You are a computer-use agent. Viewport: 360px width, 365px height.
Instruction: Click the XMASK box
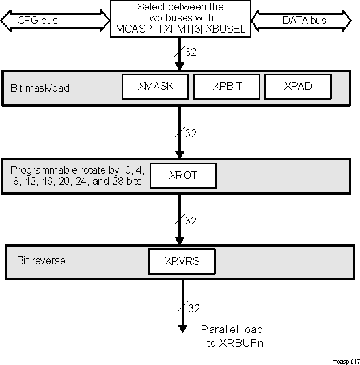coord(155,87)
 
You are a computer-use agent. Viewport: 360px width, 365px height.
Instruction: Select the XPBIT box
coord(227,87)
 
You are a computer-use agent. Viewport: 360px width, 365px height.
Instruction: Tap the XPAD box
coord(298,87)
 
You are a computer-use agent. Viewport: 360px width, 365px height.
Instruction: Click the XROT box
coord(182,175)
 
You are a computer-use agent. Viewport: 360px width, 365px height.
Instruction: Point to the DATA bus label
coord(303,21)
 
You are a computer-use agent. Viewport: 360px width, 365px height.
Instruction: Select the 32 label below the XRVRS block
coord(193,307)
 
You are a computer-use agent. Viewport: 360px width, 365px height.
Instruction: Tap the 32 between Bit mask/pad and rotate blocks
coord(191,133)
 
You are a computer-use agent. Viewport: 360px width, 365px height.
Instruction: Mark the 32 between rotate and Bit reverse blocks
coord(191,221)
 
